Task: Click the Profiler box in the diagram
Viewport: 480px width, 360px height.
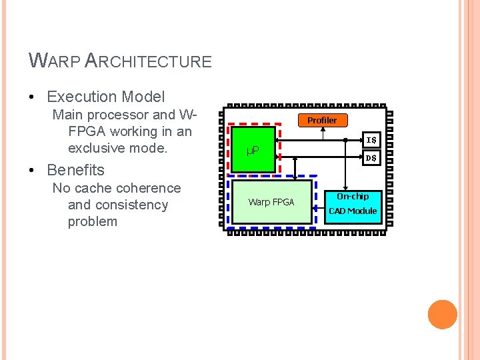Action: click(x=322, y=120)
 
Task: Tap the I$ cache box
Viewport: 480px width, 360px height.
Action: click(x=371, y=140)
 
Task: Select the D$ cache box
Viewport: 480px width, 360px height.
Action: click(x=371, y=159)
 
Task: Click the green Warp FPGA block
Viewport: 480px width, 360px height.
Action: click(x=271, y=201)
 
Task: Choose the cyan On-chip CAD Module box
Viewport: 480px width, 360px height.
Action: click(x=353, y=204)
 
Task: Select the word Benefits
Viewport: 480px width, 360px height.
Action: click(x=75, y=170)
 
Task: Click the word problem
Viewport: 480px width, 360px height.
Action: click(x=92, y=221)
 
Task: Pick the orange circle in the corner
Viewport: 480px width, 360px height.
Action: click(x=443, y=315)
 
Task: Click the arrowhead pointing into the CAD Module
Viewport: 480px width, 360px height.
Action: click(x=345, y=189)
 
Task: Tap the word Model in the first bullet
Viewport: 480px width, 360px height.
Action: click(x=145, y=97)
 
